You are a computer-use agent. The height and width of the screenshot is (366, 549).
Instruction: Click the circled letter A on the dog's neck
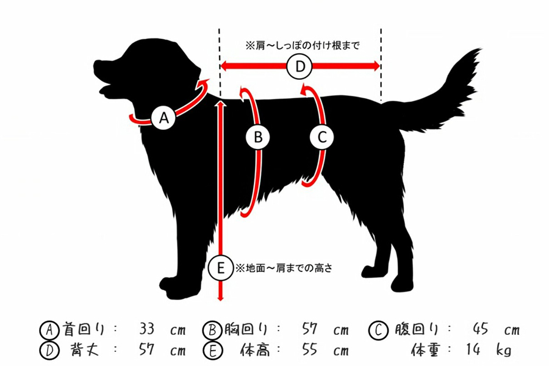164,118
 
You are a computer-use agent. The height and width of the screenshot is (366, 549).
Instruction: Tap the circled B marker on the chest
257,137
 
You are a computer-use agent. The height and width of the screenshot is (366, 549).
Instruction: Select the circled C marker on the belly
322,137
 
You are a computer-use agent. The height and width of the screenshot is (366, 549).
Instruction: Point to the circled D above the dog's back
300,66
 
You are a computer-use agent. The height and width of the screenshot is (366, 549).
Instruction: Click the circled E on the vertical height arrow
221,268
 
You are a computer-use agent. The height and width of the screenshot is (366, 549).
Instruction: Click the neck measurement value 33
146,329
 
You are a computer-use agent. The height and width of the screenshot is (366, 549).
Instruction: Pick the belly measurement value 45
481,329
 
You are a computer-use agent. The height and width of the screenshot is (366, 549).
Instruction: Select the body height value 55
310,349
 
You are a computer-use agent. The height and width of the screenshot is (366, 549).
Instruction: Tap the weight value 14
474,349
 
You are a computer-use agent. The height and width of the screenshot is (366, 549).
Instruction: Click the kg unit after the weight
503,350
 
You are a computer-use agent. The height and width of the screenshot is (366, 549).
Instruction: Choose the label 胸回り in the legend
245,329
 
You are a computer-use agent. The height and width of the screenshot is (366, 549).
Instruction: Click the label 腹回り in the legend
417,329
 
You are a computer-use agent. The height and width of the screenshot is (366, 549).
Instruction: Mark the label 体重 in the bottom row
425,350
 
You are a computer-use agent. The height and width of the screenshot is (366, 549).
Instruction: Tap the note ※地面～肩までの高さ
284,268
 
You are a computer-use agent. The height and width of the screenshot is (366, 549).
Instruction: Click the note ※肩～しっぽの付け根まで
303,46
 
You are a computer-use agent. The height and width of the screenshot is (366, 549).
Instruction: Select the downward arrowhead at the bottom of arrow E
221,298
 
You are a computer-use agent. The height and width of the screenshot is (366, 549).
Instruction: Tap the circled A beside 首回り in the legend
49,329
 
